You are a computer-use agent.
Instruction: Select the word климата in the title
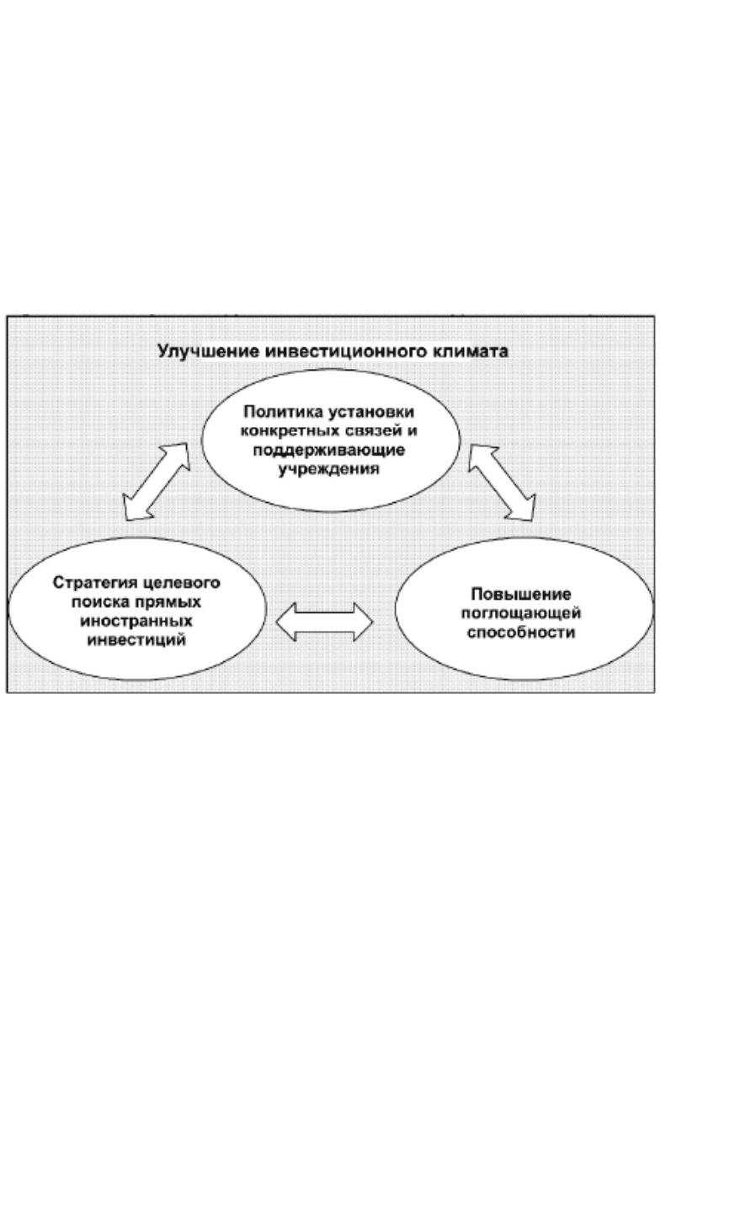(x=471, y=352)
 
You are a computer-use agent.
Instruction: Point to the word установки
(x=371, y=413)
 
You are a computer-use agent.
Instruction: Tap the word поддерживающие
(x=329, y=451)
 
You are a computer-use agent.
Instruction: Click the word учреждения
(x=329, y=469)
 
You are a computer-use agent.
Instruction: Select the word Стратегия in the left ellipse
(x=96, y=583)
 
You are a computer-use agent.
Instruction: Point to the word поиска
(x=100, y=602)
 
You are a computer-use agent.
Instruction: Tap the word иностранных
(x=136, y=622)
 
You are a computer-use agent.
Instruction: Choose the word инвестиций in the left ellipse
(x=136, y=640)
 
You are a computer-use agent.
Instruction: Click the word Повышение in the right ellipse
(x=520, y=595)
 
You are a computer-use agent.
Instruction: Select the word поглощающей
(x=520, y=613)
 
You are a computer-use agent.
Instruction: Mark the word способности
(x=520, y=632)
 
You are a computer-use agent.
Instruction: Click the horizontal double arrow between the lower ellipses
(x=325, y=622)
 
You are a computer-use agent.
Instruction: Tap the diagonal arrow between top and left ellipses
(x=156, y=482)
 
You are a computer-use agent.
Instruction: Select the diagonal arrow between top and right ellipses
(x=502, y=483)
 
